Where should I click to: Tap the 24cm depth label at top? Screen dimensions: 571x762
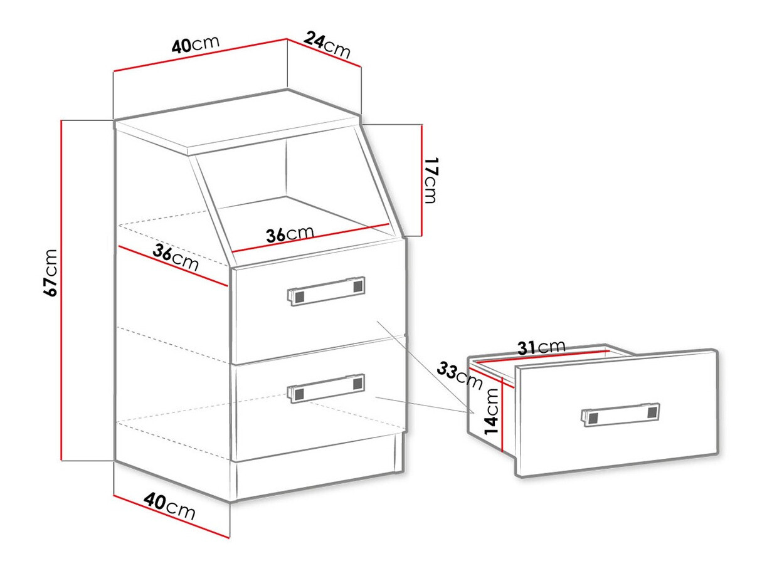327,45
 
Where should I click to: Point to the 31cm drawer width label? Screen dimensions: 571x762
541,347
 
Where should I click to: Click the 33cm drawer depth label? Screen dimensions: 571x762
456,374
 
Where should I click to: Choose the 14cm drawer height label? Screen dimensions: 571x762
492,411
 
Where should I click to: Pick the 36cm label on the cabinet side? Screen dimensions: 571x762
176,258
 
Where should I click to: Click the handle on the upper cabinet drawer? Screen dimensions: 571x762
326,290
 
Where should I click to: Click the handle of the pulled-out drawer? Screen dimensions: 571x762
620,414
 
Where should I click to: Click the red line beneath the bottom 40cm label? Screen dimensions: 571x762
172,516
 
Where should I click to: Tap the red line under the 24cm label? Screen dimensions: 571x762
324,53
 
